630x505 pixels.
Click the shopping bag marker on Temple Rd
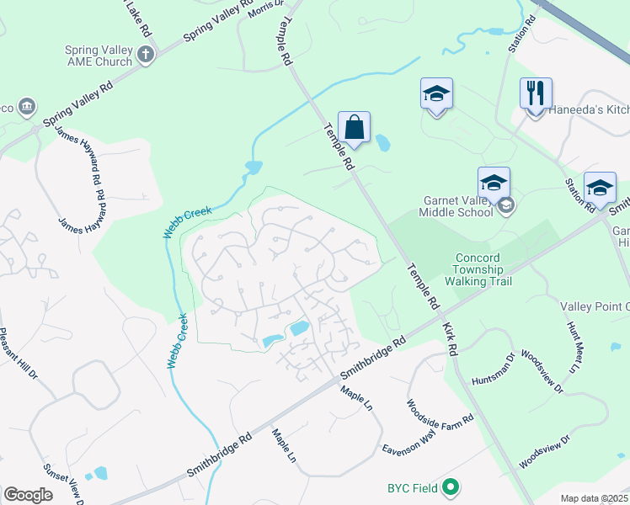(x=355, y=128)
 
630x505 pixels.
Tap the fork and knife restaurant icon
(x=536, y=94)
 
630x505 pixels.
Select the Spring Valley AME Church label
(x=99, y=56)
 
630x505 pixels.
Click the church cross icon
(x=146, y=56)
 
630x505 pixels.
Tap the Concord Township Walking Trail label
(x=478, y=269)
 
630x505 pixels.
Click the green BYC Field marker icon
(x=451, y=486)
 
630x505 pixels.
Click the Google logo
(x=28, y=494)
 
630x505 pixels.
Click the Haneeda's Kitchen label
(x=589, y=110)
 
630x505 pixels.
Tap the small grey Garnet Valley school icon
(x=505, y=205)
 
